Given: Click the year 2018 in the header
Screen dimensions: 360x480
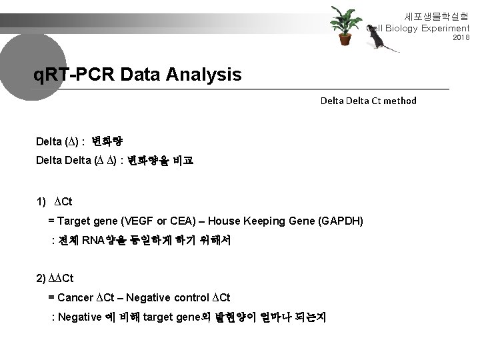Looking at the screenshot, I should pos(461,38).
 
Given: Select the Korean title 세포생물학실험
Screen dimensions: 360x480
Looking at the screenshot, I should pos(437,15).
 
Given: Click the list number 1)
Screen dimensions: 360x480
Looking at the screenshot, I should pos(42,202).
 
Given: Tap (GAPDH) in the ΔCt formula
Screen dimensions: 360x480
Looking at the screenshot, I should pos(340,221).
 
